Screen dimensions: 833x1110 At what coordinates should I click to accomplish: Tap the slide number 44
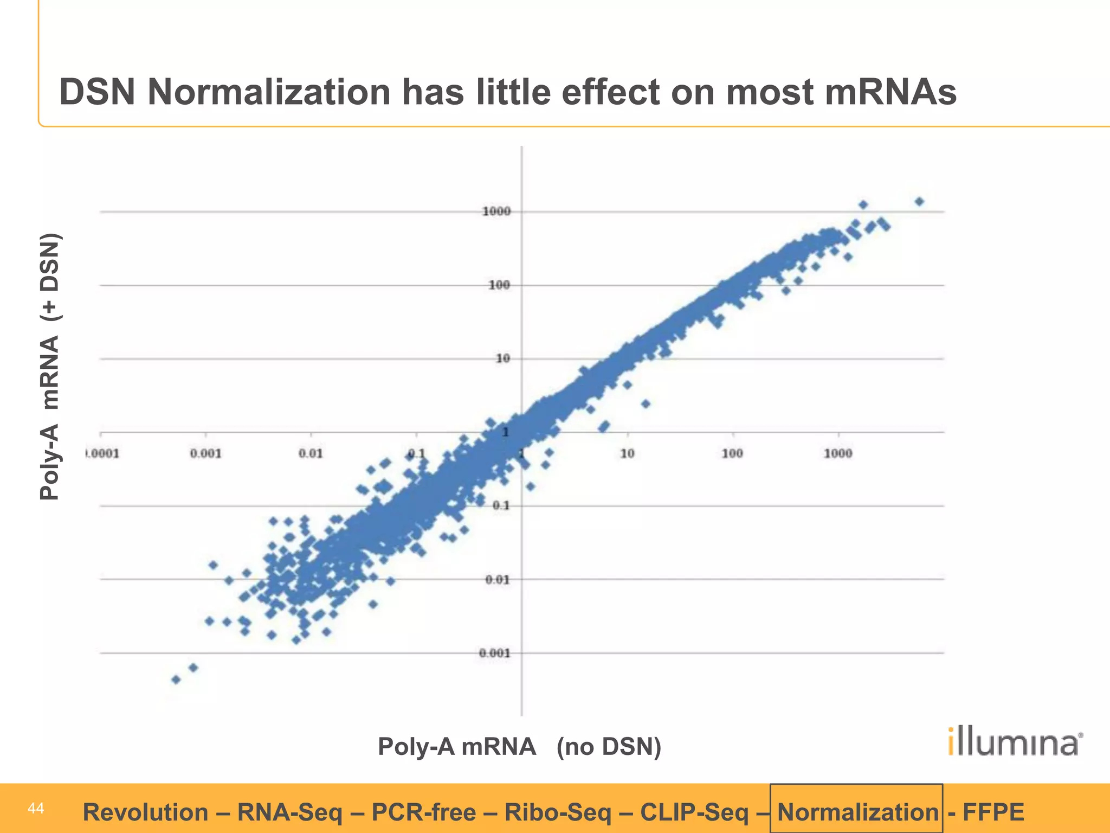[36, 809]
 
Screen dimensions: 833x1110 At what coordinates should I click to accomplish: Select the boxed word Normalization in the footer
[857, 812]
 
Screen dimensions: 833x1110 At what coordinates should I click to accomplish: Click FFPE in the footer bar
[993, 812]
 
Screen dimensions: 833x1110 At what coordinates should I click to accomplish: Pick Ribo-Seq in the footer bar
[558, 812]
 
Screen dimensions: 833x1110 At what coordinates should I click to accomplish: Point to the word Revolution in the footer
[145, 812]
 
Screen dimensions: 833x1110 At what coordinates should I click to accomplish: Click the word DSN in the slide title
[97, 92]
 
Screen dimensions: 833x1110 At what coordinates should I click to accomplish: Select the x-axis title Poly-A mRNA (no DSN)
[519, 746]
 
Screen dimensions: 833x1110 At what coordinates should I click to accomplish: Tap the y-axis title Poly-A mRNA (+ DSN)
[50, 367]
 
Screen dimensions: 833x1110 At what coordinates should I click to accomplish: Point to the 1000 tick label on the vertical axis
[496, 212]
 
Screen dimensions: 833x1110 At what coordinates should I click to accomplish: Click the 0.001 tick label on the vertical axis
[494, 653]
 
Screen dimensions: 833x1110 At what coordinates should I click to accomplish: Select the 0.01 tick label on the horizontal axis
[310, 453]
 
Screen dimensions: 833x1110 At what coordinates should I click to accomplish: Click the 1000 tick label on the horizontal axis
[838, 453]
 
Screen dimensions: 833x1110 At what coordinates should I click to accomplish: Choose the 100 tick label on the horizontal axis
[732, 453]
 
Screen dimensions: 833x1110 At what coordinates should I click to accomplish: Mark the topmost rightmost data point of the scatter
[919, 202]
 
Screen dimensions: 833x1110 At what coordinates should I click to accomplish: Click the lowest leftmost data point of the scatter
[176, 680]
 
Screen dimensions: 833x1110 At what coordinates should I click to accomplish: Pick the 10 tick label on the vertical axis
[503, 358]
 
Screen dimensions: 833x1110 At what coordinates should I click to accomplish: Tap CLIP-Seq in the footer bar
[693, 812]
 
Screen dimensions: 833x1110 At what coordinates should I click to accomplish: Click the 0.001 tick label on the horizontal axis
[205, 453]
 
